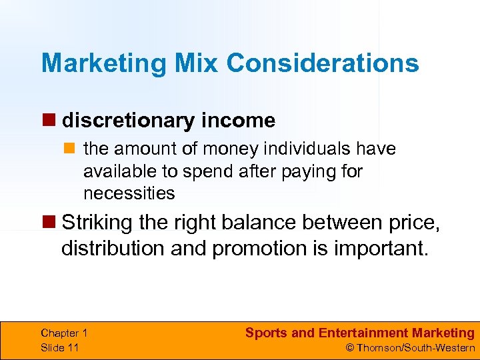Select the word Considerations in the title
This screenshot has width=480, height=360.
323,64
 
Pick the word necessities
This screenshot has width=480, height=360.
129,194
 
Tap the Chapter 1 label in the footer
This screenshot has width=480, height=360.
64,333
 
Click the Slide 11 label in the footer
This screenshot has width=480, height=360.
59,347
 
